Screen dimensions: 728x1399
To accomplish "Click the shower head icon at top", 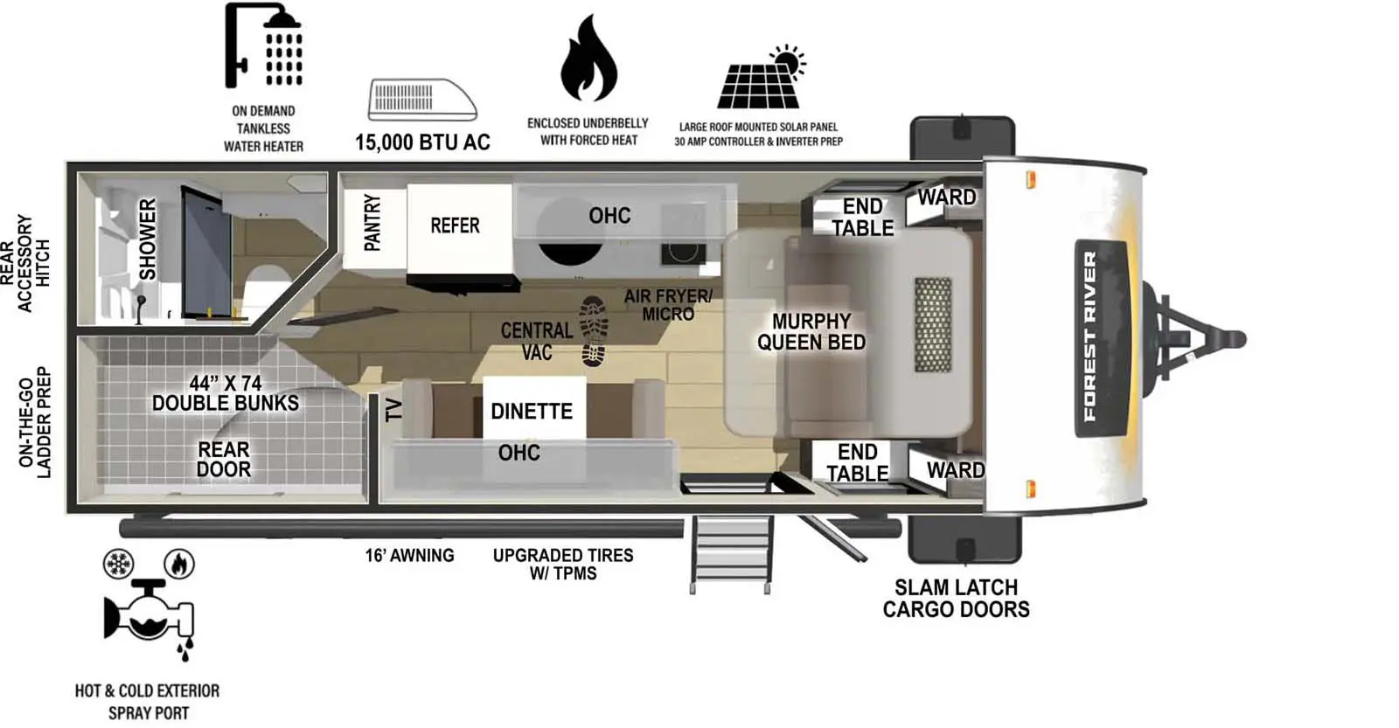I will point(264,45).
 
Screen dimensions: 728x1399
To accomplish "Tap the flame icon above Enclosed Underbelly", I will point(588,59).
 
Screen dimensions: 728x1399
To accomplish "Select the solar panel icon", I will point(760,80).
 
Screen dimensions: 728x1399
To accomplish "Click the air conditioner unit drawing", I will point(422,100).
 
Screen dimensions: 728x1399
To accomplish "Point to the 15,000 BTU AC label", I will point(422,142).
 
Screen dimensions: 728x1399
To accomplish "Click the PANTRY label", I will point(372,224).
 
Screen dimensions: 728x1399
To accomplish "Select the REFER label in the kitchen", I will point(455,225).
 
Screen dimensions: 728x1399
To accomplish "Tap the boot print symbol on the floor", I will point(594,331).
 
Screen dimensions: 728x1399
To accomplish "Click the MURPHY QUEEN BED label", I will point(811,332).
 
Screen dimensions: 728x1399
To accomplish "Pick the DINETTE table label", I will point(532,411).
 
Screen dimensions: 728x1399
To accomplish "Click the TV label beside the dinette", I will point(394,410).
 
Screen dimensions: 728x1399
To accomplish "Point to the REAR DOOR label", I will point(224,460).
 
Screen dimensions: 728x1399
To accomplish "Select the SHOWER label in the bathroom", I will point(148,239).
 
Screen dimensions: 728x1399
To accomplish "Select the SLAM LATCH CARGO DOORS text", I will point(956,599).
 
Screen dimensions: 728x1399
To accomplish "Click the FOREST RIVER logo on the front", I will point(1089,336).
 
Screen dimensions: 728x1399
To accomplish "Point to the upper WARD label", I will point(946,198).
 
